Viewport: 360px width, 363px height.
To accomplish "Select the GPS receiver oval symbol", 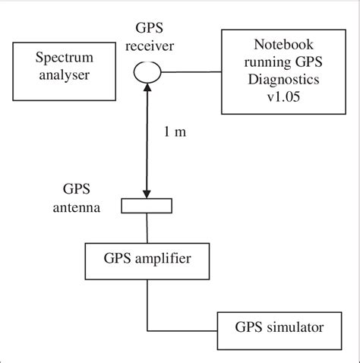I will pyautogui.click(x=147, y=72).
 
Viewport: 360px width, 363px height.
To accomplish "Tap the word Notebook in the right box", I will pyautogui.click(x=272, y=45).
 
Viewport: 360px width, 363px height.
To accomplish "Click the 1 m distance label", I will pyautogui.click(x=175, y=131).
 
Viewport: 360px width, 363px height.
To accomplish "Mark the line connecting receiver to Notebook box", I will pyautogui.click(x=190, y=72).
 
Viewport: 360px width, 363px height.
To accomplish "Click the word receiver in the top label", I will pyautogui.click(x=151, y=46).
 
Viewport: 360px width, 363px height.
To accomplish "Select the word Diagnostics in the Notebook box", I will pyautogui.click(x=271, y=79).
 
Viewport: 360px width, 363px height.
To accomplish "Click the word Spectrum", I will pyautogui.click(x=62, y=58).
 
